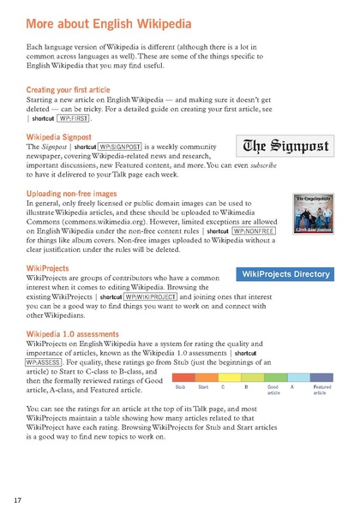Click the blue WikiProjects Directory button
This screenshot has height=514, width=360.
click(285, 274)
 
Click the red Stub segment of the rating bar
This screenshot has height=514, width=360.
click(181, 377)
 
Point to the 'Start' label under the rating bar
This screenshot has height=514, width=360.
click(203, 388)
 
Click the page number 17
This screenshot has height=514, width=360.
click(18, 499)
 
